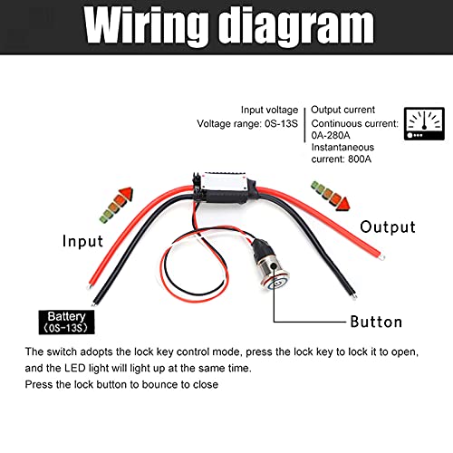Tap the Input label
pos(82,241)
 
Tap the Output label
pos(388,226)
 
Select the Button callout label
pos(376,322)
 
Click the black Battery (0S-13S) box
pos(66,323)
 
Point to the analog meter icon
pos(424,123)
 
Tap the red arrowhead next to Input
pos(126,195)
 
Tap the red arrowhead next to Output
pos(343,203)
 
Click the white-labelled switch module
pos(225,188)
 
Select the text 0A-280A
pos(331,135)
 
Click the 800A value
pos(360,159)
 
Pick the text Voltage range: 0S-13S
pos(247,123)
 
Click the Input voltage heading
pos(269,110)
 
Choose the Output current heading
pos(342,110)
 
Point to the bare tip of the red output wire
pos(382,257)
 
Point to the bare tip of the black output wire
pos(354,296)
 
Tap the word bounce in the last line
pos(159,384)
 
